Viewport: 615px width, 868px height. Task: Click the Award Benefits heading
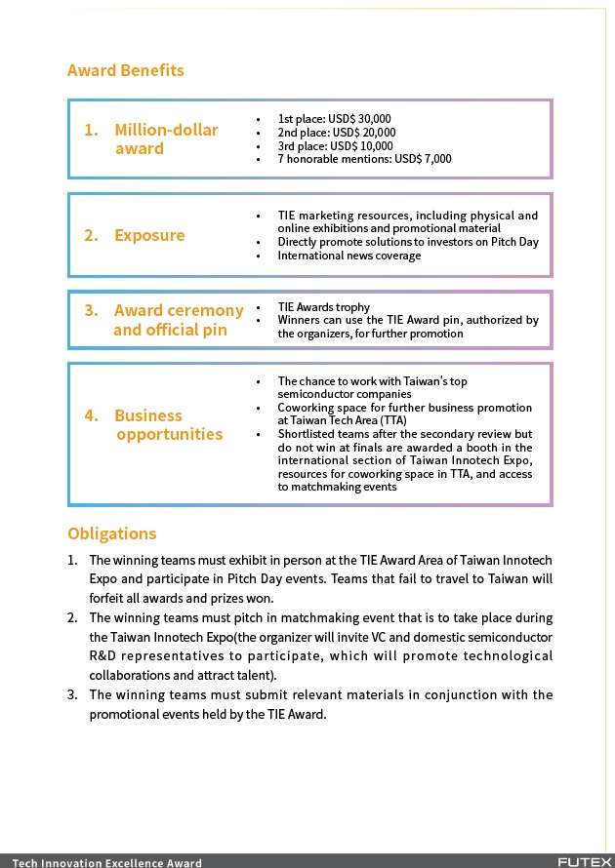pos(126,70)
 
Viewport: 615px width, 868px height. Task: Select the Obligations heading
pos(112,533)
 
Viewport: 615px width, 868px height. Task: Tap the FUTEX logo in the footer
pos(585,862)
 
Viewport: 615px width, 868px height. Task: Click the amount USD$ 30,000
pos(362,119)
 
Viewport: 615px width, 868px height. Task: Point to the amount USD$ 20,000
pos(364,133)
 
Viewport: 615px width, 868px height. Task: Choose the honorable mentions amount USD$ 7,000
pos(424,159)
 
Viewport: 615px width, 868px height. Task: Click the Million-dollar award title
pos(166,139)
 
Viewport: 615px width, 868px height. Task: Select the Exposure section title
pos(149,235)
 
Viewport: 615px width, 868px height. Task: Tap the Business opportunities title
pos(168,425)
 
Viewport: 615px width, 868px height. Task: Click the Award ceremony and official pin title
pos(178,320)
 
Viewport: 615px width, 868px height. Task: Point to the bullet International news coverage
pos(349,256)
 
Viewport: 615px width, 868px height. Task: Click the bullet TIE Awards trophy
pos(324,307)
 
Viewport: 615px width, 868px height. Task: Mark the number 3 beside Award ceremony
pos(91,310)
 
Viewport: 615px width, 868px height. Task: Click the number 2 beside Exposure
pos(91,235)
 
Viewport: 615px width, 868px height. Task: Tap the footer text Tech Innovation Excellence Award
pos(107,862)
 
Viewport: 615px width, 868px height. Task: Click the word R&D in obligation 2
pos(102,655)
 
